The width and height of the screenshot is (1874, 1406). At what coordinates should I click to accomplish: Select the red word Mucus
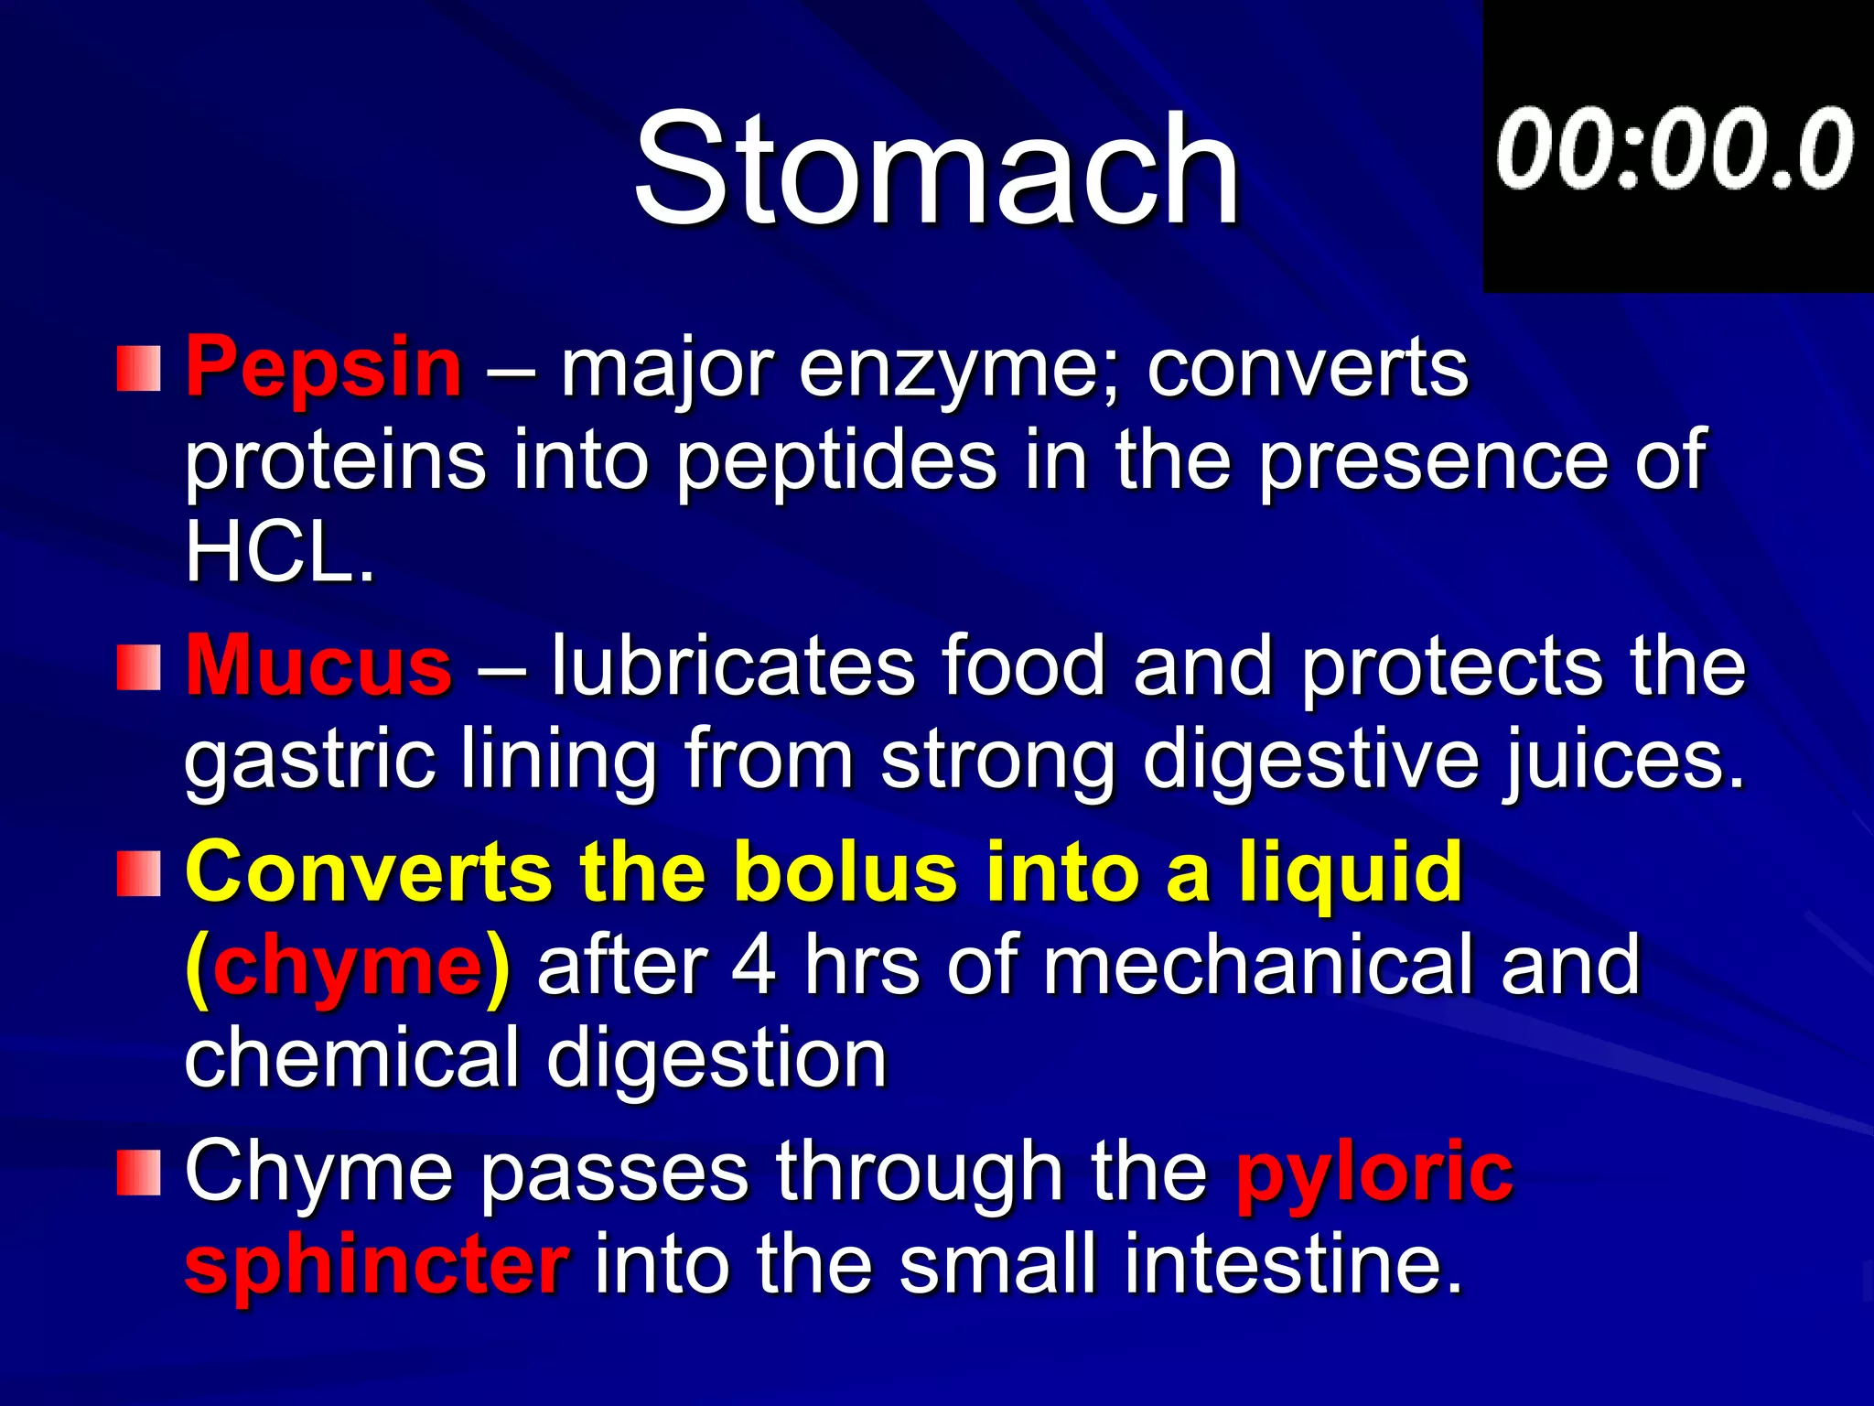click(318, 665)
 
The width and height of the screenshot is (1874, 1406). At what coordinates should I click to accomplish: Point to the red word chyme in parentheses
click(347, 967)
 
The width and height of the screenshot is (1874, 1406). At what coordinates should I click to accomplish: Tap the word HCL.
click(279, 553)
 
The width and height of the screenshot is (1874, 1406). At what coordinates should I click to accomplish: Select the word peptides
click(836, 461)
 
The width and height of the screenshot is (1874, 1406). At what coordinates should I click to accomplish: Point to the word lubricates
click(732, 665)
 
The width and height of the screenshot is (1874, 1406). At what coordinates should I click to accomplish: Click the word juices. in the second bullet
click(1624, 760)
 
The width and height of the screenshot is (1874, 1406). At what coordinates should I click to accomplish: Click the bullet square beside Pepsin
click(138, 369)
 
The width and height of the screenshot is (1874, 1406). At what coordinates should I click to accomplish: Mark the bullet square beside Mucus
click(138, 667)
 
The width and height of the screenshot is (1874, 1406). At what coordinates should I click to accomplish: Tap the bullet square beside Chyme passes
click(138, 1173)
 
